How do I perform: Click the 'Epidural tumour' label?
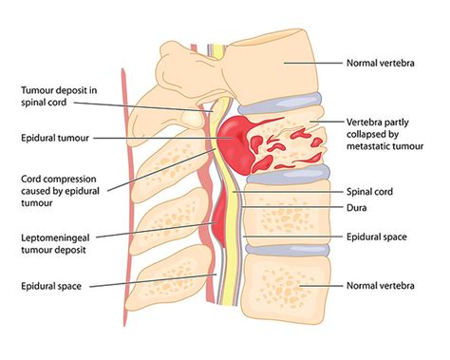pyautogui.click(x=55, y=138)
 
